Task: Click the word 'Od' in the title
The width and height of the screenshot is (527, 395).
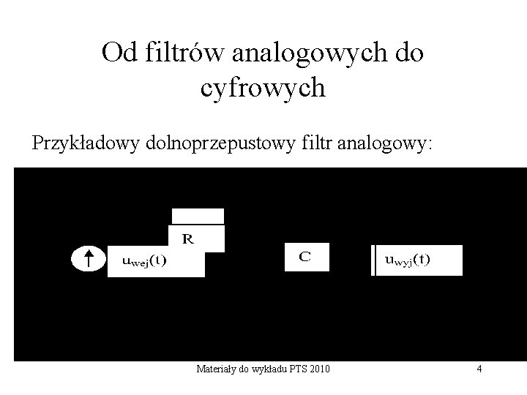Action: pos(118,53)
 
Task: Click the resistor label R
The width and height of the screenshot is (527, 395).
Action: pos(188,238)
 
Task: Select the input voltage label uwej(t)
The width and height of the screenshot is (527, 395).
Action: pos(143,261)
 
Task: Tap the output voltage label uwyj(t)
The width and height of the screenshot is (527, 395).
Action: pos(408,259)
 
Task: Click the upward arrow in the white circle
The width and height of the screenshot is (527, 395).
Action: pos(87,258)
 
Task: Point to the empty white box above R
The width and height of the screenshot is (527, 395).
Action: pos(198,216)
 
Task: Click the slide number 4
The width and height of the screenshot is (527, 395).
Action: pos(479,369)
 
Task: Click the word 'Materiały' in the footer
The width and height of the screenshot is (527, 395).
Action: pos(214,369)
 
